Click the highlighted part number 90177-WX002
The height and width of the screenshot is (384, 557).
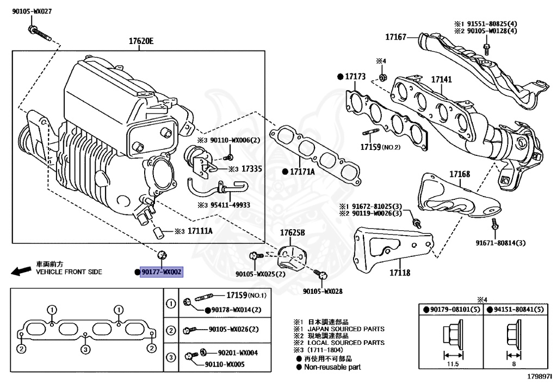coord(162,272)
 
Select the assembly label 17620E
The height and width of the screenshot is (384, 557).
coord(141,41)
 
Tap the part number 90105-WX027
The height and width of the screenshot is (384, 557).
coord(32,11)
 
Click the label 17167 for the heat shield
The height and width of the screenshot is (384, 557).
coord(396,37)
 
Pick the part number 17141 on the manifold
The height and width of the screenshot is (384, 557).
coord(442,80)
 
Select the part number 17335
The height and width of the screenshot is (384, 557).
coord(252,169)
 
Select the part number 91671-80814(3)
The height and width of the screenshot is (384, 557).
coord(500,243)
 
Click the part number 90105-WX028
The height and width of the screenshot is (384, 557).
coord(323,291)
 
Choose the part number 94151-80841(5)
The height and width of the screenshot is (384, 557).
coord(518,310)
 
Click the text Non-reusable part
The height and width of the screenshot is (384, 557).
coord(332,367)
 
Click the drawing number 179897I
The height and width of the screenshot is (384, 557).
coord(539,376)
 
